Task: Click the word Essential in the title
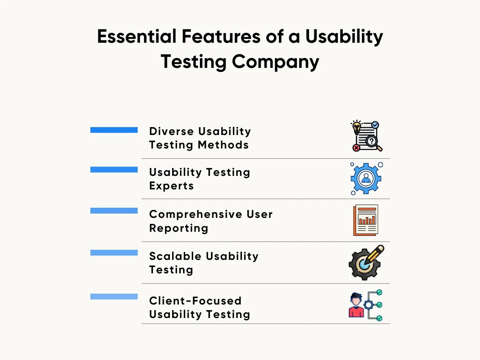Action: (136, 36)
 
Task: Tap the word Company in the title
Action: (275, 62)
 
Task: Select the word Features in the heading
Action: (221, 36)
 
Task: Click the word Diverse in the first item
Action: (171, 131)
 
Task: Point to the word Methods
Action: (223, 145)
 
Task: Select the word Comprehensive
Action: (196, 214)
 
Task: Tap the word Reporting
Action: (178, 229)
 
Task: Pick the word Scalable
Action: (175, 256)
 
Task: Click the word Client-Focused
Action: (195, 301)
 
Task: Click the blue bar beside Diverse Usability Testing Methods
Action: (114, 130)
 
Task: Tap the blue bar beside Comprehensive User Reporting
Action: (114, 211)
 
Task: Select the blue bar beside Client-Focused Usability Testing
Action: (114, 297)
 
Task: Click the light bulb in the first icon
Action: (357, 127)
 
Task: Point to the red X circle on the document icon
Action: (356, 148)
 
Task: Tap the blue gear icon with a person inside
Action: (366, 178)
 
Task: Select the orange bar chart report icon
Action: (366, 220)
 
